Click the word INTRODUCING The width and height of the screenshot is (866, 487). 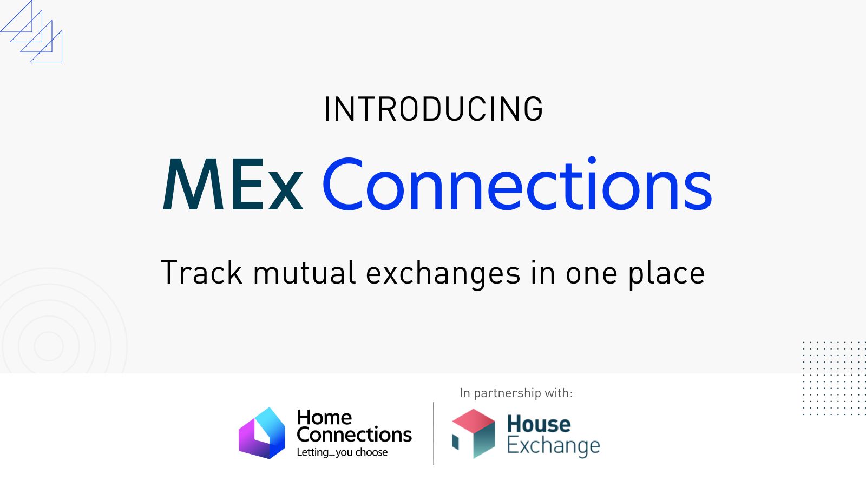pyautogui.click(x=434, y=109)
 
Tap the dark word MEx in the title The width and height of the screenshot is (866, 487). pyautogui.click(x=233, y=184)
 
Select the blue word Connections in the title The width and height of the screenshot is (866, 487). pyautogui.click(x=517, y=184)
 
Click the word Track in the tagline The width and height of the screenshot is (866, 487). pyautogui.click(x=201, y=272)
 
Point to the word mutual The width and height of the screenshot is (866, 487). pyautogui.click(x=304, y=272)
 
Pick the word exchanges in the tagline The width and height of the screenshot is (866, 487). pyautogui.click(x=443, y=274)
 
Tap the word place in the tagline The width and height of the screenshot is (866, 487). pyautogui.click(x=666, y=274)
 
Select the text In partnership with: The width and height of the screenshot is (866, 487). pyautogui.click(x=516, y=393)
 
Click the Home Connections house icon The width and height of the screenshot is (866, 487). pyautogui.click(x=262, y=433)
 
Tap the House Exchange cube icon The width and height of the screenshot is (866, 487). pyautogui.click(x=473, y=433)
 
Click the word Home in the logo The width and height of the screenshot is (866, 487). pyautogui.click(x=324, y=417)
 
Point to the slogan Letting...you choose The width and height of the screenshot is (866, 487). pyautogui.click(x=342, y=452)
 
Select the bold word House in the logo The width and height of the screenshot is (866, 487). pyautogui.click(x=539, y=424)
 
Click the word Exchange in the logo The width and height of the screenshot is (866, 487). pyautogui.click(x=553, y=446)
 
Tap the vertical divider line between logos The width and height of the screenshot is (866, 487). pyautogui.click(x=434, y=433)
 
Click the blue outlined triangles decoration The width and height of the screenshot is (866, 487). pyautogui.click(x=31, y=31)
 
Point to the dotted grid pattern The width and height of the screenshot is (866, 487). pyautogui.click(x=834, y=378)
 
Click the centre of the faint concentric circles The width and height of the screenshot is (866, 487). pyautogui.click(x=49, y=346)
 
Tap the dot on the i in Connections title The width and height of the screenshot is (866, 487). pyautogui.click(x=592, y=160)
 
